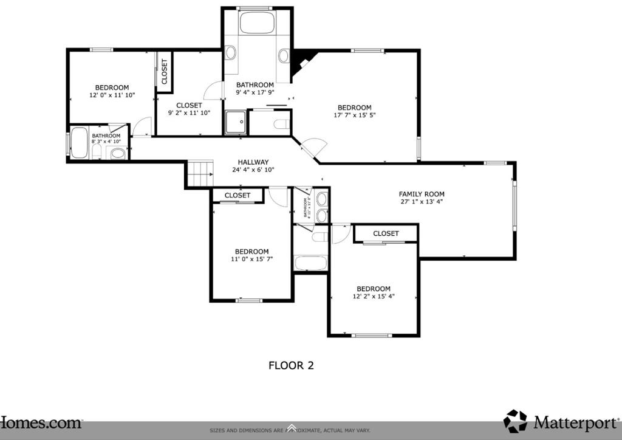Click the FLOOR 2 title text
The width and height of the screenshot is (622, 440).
point(291,365)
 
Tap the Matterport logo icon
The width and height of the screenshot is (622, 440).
point(515,421)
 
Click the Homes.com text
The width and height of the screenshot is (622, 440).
point(41,422)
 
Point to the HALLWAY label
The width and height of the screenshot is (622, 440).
point(253,162)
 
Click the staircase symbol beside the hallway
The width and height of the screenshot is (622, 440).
point(200,174)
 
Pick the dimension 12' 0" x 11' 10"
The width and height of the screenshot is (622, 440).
point(112,95)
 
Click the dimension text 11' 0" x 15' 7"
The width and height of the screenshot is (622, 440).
point(251,260)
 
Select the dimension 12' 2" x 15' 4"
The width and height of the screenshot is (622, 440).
point(373,297)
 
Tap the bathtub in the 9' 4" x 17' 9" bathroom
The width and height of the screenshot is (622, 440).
point(258,23)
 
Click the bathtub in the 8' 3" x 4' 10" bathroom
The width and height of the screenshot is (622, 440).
point(79,143)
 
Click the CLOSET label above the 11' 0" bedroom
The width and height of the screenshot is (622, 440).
point(237,195)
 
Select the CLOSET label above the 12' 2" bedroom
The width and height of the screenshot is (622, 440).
point(386,233)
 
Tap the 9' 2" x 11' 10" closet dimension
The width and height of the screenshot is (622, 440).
point(189,113)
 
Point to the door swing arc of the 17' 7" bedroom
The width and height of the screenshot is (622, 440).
point(316,146)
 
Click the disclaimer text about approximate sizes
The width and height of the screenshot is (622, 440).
point(290,431)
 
